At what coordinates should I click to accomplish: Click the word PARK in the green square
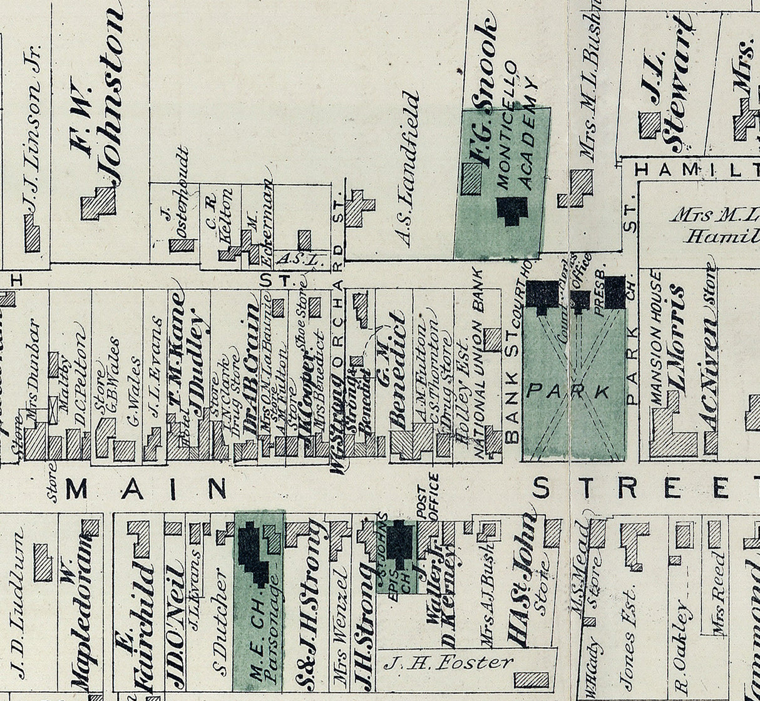click(x=568, y=392)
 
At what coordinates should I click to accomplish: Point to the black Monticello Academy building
click(x=513, y=210)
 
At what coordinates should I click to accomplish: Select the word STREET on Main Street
click(x=645, y=488)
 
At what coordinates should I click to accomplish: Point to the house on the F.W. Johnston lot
click(x=99, y=202)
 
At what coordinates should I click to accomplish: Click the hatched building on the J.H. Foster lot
click(x=531, y=680)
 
